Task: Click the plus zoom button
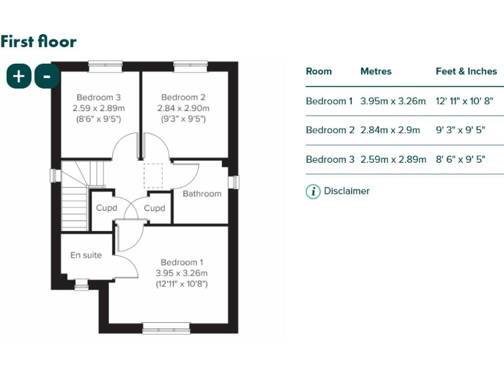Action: click(19, 76)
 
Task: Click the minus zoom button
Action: click(47, 76)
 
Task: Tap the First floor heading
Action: click(38, 41)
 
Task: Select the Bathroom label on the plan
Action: click(201, 194)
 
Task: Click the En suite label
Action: click(86, 255)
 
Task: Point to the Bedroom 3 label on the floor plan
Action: click(98, 97)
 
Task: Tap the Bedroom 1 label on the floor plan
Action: click(182, 262)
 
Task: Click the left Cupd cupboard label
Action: click(106, 208)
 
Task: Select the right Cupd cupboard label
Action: click(154, 208)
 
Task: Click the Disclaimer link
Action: click(346, 191)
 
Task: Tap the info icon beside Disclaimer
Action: click(313, 192)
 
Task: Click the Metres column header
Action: click(375, 71)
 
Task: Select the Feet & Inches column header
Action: click(466, 71)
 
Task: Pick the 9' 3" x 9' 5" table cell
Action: click(460, 130)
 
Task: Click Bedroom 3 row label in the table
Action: click(329, 159)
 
